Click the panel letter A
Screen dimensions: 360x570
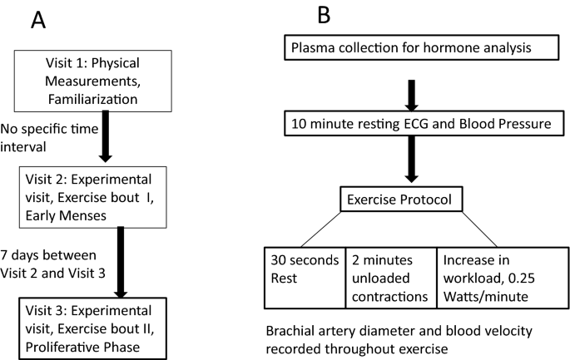(x=38, y=20)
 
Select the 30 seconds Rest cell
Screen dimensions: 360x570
(x=295, y=273)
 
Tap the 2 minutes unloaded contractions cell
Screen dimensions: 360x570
(x=399, y=273)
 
